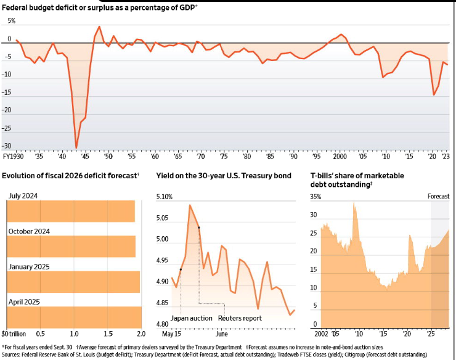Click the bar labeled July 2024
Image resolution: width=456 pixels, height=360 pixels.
pyautogui.click(x=71, y=211)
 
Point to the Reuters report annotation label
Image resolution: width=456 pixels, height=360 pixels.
pyautogui.click(x=240, y=318)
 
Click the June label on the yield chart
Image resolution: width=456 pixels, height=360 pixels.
pyautogui.click(x=222, y=334)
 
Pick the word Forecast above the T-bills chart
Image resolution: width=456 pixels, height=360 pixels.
pyautogui.click(x=439, y=196)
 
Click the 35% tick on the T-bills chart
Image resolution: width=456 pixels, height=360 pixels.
pyautogui.click(x=316, y=197)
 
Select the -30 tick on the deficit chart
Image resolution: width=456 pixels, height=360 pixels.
pyautogui.click(x=7, y=146)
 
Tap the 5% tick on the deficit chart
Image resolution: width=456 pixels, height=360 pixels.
pyautogui.click(x=10, y=21)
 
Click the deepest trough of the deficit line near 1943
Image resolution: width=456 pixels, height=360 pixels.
pyautogui.click(x=76, y=148)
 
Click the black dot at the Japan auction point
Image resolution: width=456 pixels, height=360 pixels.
pyautogui.click(x=181, y=269)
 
